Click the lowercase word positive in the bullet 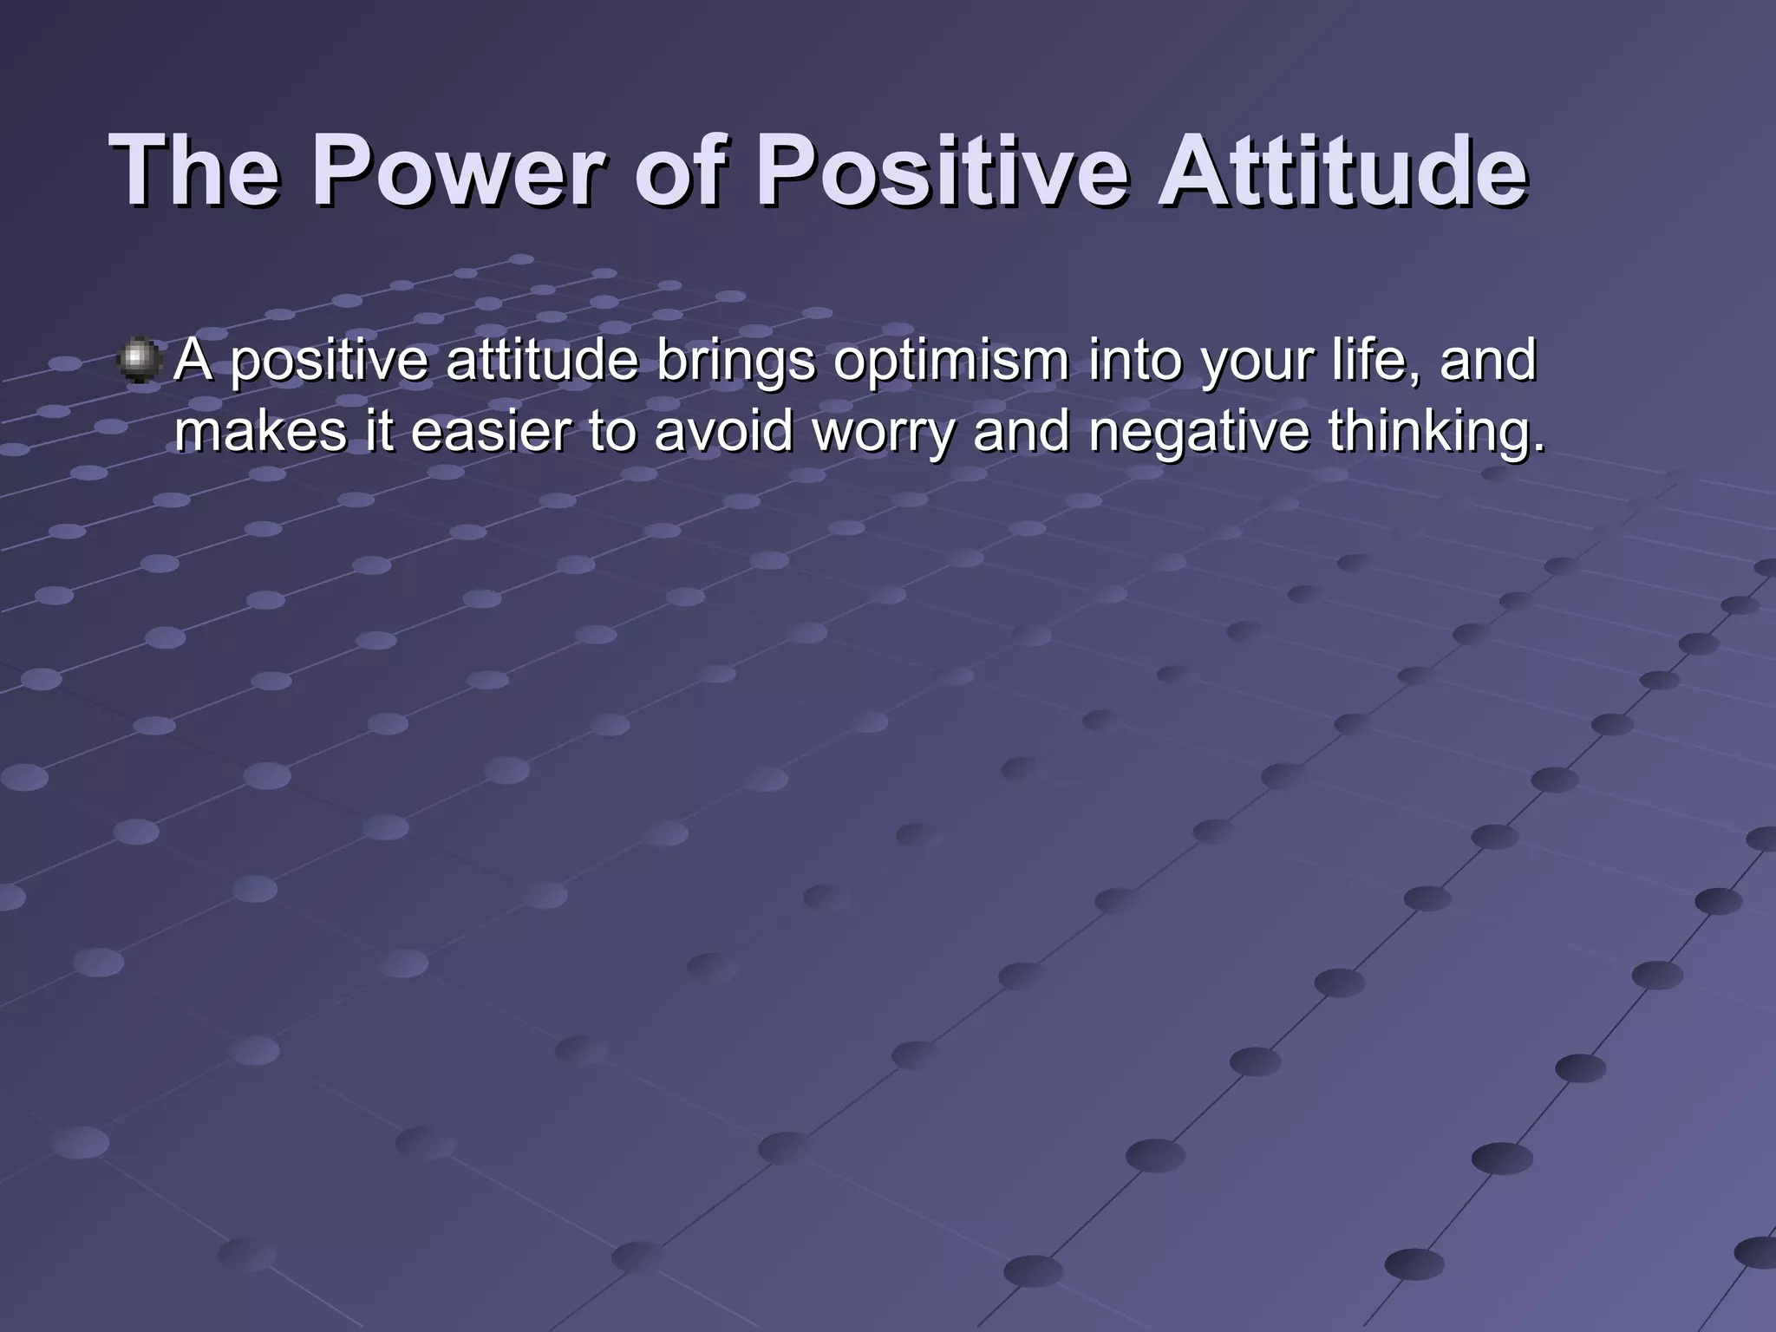coord(330,362)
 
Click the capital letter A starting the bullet coord(193,361)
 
